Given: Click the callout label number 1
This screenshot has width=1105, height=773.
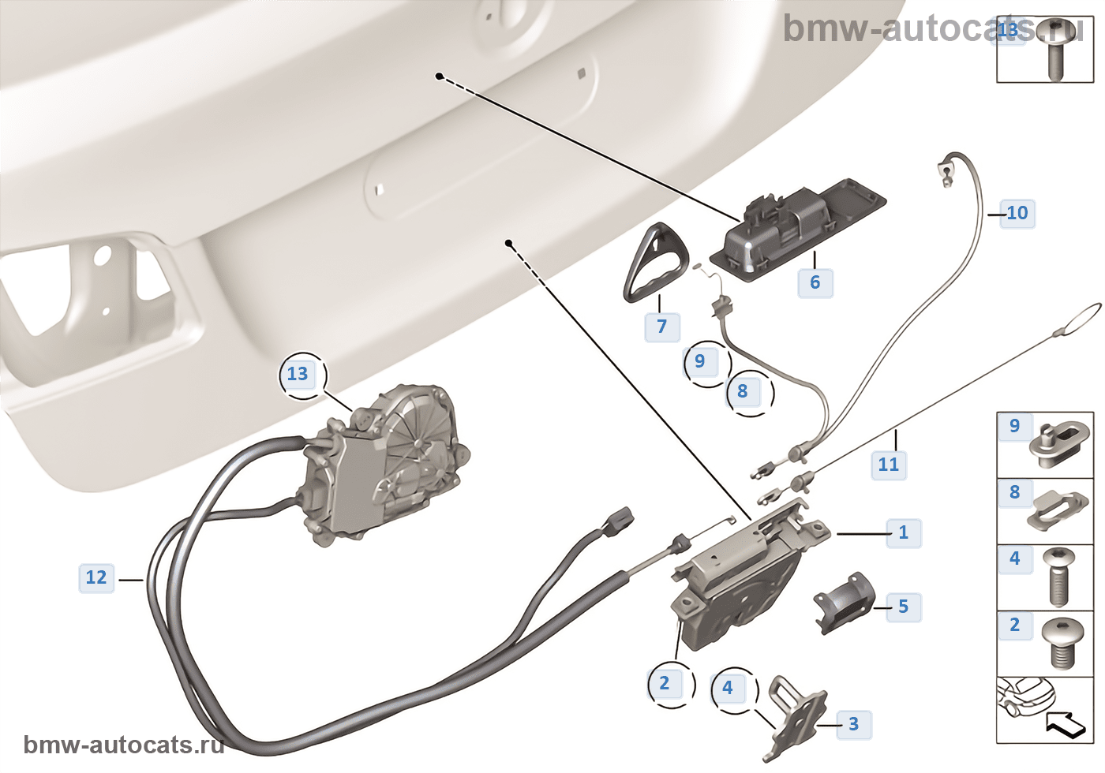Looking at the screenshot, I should click(904, 533).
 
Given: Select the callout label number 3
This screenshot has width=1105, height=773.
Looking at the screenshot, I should click(853, 724).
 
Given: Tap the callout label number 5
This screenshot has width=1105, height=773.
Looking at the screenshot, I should click(903, 607).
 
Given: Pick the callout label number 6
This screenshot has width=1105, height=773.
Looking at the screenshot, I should click(815, 282).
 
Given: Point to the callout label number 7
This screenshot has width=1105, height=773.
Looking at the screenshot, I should click(661, 326).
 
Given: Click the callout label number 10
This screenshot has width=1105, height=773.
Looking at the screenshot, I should click(1017, 213).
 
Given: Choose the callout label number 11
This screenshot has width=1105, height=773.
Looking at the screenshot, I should click(888, 465).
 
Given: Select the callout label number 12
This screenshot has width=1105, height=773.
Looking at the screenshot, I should click(96, 578).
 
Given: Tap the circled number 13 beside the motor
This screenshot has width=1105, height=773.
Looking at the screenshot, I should click(298, 374).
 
